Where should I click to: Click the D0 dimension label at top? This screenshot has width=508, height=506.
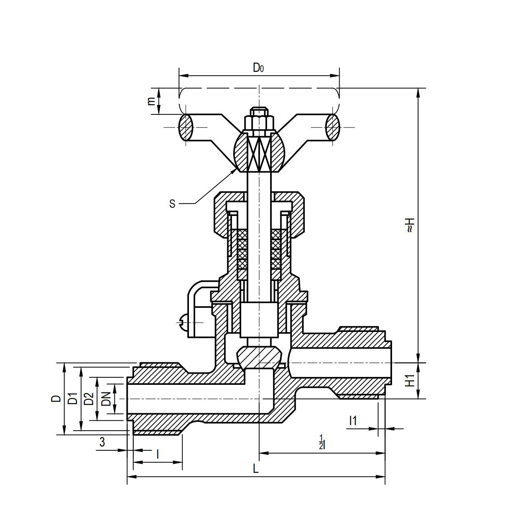pyautogui.click(x=258, y=68)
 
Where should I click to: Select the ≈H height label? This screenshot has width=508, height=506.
pyautogui.click(x=410, y=225)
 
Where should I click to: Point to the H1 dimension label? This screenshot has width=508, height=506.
pyautogui.click(x=410, y=381)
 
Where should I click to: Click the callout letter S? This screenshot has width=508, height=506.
pyautogui.click(x=172, y=204)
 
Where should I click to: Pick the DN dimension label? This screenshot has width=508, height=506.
pyautogui.click(x=106, y=399)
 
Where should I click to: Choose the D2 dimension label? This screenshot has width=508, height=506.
pyautogui.click(x=89, y=399)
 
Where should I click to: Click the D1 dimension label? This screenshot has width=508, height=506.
pyautogui.click(x=73, y=399)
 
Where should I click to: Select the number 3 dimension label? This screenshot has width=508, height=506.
pyautogui.click(x=102, y=442)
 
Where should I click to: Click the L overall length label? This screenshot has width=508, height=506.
pyautogui.click(x=256, y=469)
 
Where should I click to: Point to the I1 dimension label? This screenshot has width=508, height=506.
pyautogui.click(x=353, y=421)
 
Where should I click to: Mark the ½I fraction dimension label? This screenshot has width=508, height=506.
pyautogui.click(x=322, y=442)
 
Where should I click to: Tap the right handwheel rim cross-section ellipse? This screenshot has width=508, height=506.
pyautogui.click(x=332, y=127)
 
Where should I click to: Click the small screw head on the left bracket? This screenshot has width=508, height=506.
pyautogui.click(x=182, y=322)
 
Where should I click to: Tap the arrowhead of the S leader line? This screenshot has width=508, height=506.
pyautogui.click(x=235, y=169)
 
